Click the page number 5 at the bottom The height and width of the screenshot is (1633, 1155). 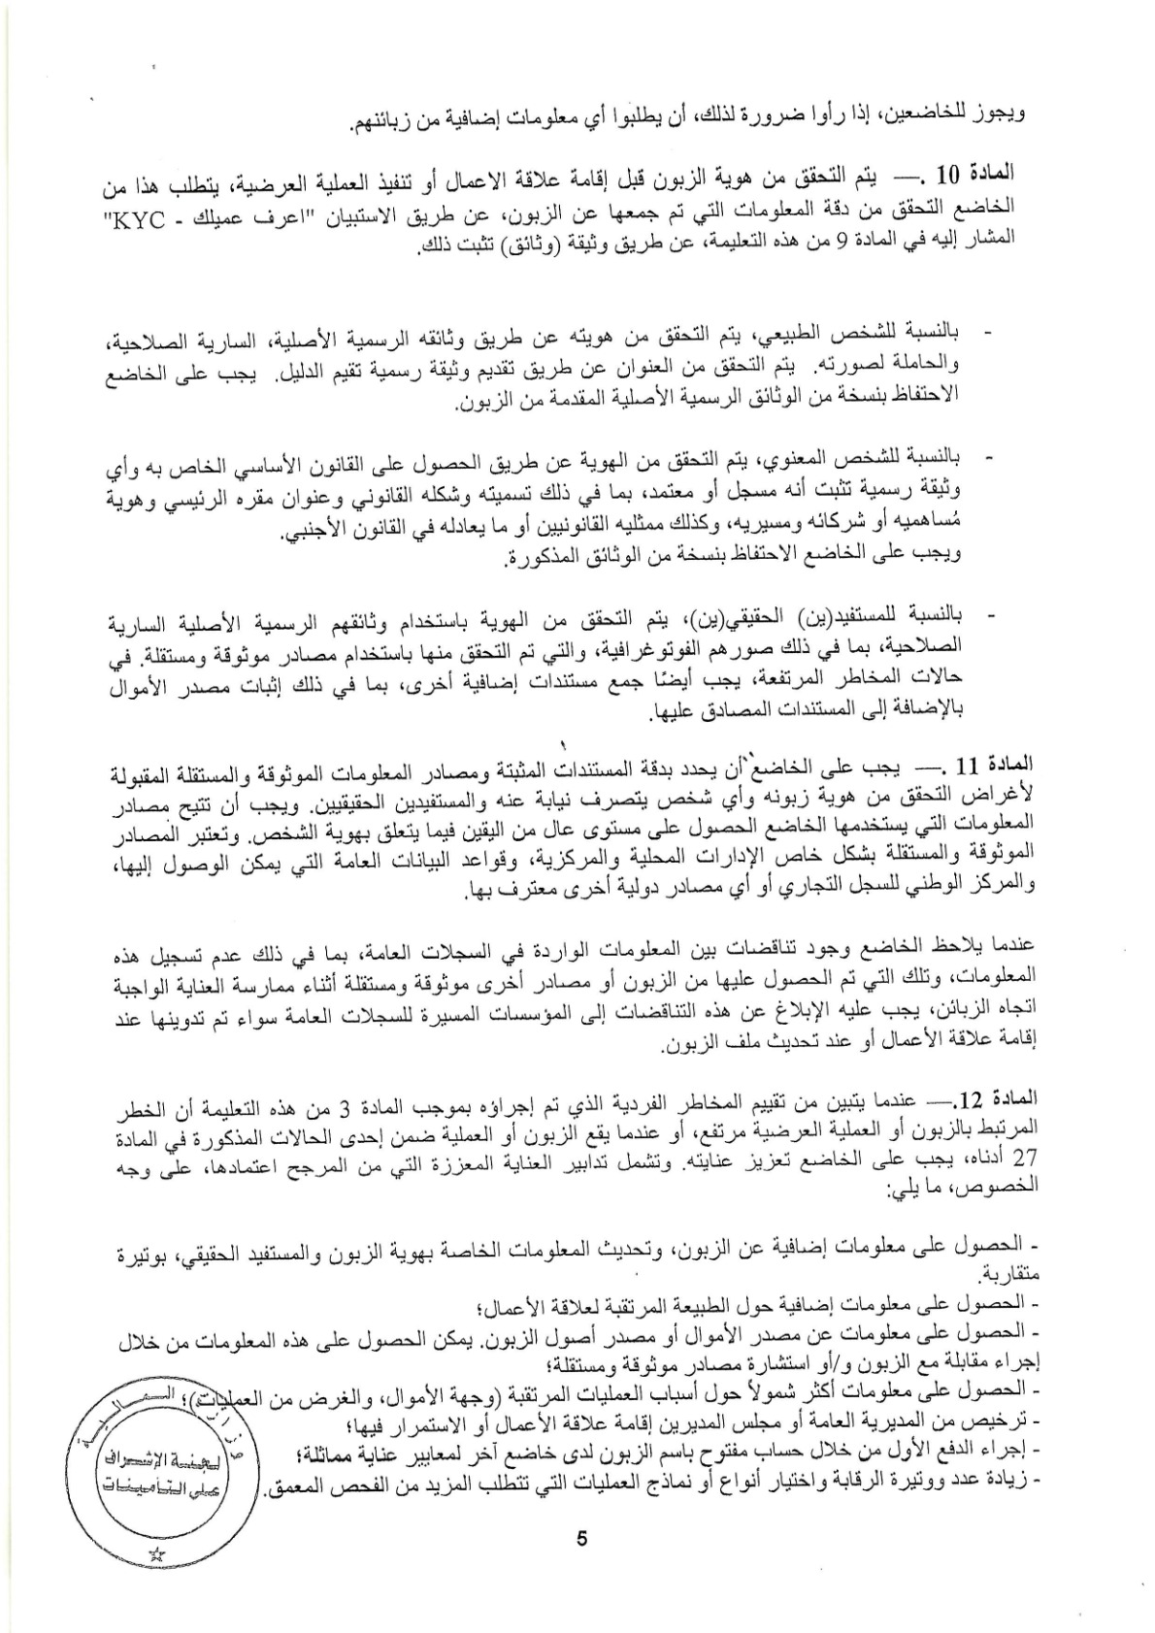click(581, 1539)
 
